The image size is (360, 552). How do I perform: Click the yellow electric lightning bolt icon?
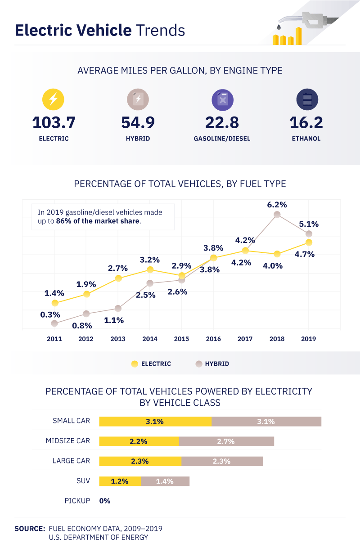click(53, 99)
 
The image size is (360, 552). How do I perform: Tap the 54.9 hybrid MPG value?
click(138, 122)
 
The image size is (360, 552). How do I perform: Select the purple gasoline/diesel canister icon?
click(222, 99)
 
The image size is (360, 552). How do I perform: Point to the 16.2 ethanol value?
click(307, 122)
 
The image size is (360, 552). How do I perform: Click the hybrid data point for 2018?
click(277, 215)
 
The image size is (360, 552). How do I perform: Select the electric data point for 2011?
click(55, 303)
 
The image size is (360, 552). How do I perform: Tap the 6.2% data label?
click(277, 205)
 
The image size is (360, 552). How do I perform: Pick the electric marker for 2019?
click(309, 242)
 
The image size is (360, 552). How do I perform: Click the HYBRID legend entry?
click(212, 364)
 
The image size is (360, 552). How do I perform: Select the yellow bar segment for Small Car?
click(155, 422)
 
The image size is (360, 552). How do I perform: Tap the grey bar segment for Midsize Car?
click(226, 441)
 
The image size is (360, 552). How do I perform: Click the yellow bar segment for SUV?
click(120, 481)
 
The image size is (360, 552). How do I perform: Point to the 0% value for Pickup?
click(105, 501)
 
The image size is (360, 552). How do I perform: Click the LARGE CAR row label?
click(71, 461)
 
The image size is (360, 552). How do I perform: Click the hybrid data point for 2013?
click(118, 308)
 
